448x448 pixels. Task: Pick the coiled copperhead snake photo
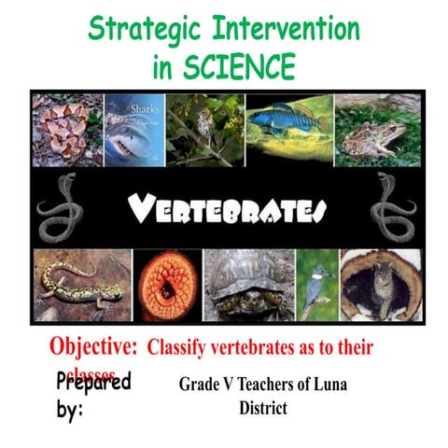tap(66, 130)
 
